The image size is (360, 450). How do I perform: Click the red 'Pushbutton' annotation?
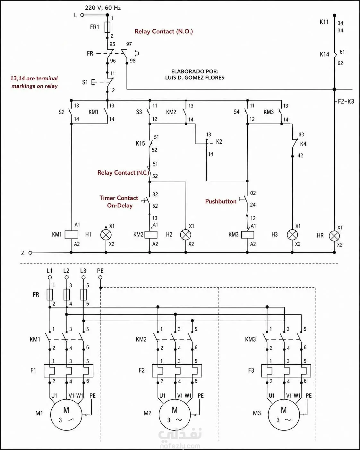[221, 201]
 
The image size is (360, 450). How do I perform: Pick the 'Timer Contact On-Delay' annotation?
[119, 202]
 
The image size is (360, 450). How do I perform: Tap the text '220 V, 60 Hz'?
[103, 8]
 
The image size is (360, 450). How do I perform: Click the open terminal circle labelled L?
[82, 15]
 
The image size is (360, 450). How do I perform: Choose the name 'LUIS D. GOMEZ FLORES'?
[195, 78]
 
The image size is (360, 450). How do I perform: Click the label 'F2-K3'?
[346, 101]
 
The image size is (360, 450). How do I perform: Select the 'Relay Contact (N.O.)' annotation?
[164, 31]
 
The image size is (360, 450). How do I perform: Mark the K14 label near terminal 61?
[324, 55]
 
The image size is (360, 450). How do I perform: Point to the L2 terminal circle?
[66, 277]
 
